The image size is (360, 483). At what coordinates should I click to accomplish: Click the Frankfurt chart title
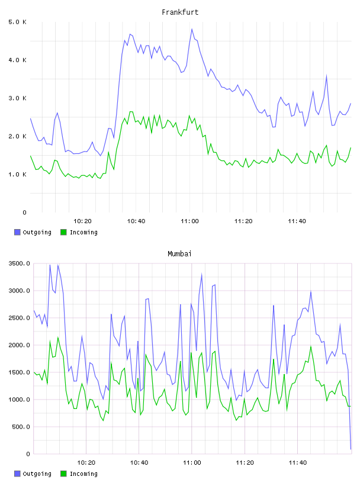point(180,12)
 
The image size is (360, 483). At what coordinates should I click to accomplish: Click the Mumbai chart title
point(179,254)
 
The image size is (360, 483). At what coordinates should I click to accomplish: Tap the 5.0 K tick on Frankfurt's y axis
point(17,22)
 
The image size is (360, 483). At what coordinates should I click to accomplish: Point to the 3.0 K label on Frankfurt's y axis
point(17,98)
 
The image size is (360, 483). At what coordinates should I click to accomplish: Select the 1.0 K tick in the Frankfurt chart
point(17,175)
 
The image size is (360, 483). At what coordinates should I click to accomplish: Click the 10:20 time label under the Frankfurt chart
point(83,221)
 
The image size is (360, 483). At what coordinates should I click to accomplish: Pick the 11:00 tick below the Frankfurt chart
point(189,221)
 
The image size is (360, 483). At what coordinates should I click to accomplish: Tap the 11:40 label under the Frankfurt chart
point(297,221)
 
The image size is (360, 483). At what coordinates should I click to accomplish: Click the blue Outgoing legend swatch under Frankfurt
point(17,232)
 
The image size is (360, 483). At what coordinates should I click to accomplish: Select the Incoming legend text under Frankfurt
point(83,233)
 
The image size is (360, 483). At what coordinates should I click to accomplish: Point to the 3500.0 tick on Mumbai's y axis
point(19,263)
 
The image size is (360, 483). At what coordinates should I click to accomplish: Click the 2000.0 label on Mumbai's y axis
point(19,345)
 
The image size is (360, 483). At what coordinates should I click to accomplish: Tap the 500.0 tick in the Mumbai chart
point(21,427)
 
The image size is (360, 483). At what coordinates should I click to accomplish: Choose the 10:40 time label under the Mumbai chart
point(139,463)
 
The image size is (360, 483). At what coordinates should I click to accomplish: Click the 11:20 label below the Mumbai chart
point(245,463)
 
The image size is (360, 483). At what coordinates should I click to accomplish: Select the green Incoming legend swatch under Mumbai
point(63,474)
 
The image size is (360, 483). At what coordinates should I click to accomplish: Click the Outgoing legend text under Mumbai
point(37,474)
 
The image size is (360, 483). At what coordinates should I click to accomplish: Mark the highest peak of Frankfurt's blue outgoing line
point(192,29)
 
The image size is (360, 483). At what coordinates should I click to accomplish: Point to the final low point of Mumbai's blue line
point(351,449)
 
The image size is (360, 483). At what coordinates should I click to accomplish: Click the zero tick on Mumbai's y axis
point(28,454)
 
